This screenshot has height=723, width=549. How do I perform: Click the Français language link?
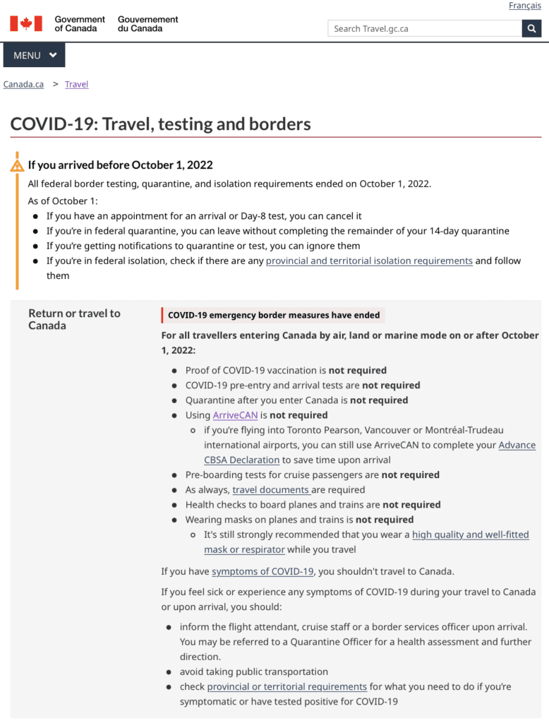pos(525,6)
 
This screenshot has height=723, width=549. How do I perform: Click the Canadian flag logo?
pos(26,24)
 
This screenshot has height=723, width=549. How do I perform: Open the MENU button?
pos(34,56)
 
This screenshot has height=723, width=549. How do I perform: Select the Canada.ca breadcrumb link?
pos(23,84)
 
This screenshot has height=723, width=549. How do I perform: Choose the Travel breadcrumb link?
pos(76,84)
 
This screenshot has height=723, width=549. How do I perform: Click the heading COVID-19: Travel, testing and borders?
pos(160,124)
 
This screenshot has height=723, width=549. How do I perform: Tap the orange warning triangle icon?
pos(17,166)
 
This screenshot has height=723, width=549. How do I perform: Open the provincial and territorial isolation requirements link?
pos(369,261)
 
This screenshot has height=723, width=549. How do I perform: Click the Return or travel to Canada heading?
pos(74,319)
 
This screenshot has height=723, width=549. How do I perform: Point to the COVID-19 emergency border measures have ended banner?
pos(273,315)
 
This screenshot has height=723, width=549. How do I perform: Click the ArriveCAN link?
pos(235,415)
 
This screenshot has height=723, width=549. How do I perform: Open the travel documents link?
pos(272,489)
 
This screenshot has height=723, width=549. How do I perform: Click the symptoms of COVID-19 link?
pos(263,571)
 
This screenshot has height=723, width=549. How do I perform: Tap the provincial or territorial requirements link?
pos(286,686)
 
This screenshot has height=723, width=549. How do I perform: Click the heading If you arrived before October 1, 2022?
pos(120,165)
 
